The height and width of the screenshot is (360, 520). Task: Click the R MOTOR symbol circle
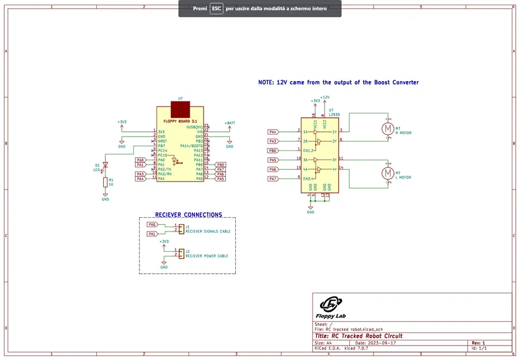(x=388, y=128)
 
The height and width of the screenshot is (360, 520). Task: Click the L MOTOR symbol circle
(x=388, y=173)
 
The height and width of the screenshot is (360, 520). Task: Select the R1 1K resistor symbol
(x=105, y=183)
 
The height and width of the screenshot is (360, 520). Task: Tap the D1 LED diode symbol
(x=105, y=165)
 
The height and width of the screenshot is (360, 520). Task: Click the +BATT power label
(x=229, y=123)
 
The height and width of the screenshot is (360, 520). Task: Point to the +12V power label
(x=325, y=97)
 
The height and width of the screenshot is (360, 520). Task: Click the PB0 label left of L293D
(x=273, y=150)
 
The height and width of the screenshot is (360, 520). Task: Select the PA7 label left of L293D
(x=273, y=179)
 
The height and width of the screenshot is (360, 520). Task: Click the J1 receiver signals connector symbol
(x=181, y=228)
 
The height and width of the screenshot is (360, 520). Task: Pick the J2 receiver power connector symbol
(x=181, y=253)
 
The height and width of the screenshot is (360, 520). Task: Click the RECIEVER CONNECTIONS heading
(x=188, y=215)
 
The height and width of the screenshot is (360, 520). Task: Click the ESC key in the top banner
(x=216, y=9)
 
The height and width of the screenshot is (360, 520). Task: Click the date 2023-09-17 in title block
(x=380, y=343)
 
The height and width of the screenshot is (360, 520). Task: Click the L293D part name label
(x=334, y=115)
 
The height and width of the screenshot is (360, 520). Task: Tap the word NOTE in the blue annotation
(x=266, y=82)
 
